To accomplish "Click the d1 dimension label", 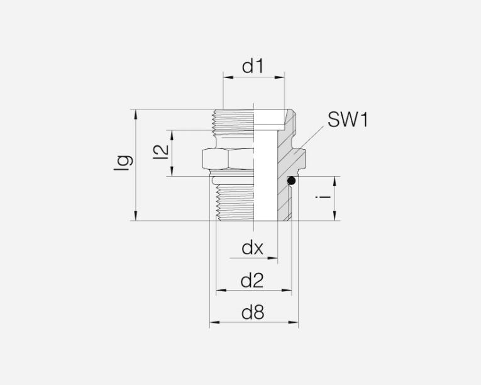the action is (x=253, y=66).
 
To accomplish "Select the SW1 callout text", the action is (x=348, y=120).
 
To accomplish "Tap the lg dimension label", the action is (x=123, y=163).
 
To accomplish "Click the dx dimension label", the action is (x=252, y=248).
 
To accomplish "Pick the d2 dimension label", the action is (x=252, y=281).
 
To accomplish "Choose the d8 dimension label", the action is (x=253, y=313).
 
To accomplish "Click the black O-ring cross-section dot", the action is (x=291, y=181).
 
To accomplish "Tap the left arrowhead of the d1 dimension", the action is (x=228, y=77).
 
